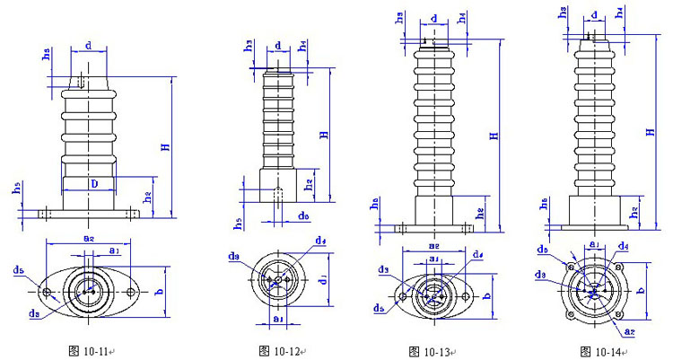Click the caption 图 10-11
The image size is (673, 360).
[93, 349]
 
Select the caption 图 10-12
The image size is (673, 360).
[281, 349]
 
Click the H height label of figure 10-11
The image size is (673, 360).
[165, 146]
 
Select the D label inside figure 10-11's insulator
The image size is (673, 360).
[92, 183]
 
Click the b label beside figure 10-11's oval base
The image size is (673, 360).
[158, 292]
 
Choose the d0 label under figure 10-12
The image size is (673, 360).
[304, 215]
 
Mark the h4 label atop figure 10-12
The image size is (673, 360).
[303, 44]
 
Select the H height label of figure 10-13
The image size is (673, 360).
[493, 136]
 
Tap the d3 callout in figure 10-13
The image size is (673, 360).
[383, 269]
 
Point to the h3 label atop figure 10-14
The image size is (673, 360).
[564, 13]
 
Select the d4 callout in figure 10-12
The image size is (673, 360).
[320, 241]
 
